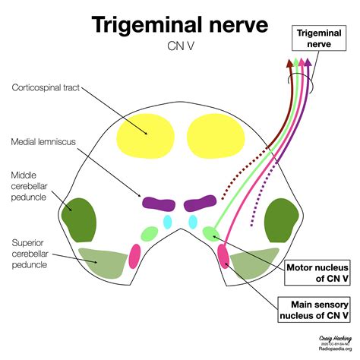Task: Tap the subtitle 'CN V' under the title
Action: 179,47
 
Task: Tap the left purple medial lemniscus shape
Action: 158,204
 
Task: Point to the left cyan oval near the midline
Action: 169,222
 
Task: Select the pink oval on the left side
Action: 135,255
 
